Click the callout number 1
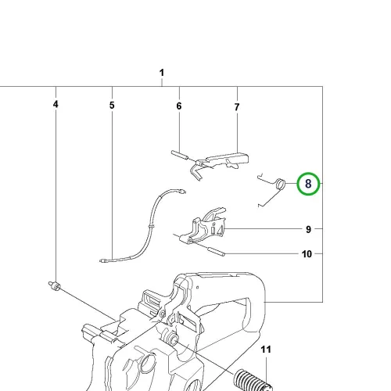pyautogui.click(x=162, y=73)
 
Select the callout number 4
pyautogui.click(x=56, y=104)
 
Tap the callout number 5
pyautogui.click(x=112, y=106)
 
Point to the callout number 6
pyautogui.click(x=179, y=106)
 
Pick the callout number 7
pyautogui.click(x=237, y=107)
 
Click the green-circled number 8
pyautogui.click(x=308, y=184)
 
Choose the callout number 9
pyautogui.click(x=308, y=230)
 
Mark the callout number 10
pyautogui.click(x=307, y=254)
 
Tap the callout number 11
pyautogui.click(x=266, y=350)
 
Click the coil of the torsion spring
pyautogui.click(x=280, y=183)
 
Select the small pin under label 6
pyautogui.click(x=179, y=156)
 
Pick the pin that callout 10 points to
pyautogui.click(x=216, y=251)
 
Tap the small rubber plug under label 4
pyautogui.click(x=55, y=285)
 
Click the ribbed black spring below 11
pyautogui.click(x=253, y=380)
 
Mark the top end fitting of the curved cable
pyautogui.click(x=182, y=192)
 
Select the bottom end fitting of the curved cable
pyautogui.click(x=104, y=260)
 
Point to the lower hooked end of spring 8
pyautogui.click(x=259, y=206)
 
